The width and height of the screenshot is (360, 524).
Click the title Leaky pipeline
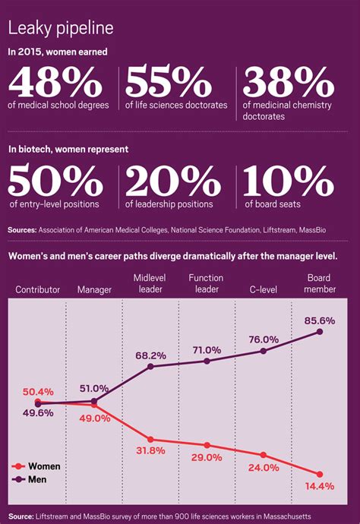click(61, 29)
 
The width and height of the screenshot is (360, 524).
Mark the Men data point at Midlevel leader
click(150, 367)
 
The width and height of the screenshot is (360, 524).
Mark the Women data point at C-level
click(263, 455)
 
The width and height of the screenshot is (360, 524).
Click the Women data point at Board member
click(320, 474)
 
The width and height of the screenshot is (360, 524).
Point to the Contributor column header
click(38, 290)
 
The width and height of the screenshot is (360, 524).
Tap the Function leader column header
click(206, 283)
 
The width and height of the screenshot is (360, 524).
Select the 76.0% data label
click(263, 339)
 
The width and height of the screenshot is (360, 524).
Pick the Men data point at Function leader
click(207, 361)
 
